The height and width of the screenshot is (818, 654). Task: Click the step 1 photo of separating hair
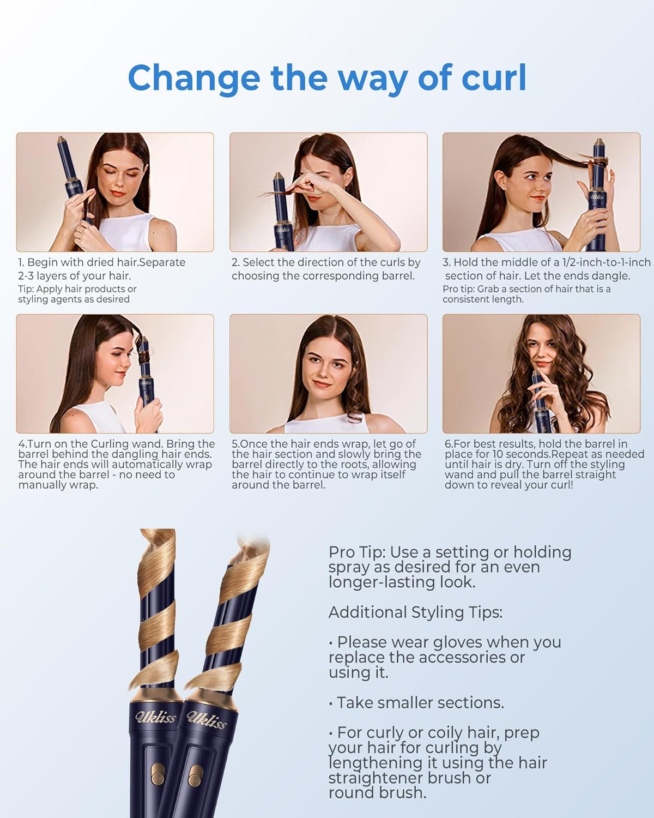tap(115, 192)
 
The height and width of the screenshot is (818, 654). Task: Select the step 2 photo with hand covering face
tap(328, 192)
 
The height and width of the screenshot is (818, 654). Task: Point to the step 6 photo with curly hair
tap(541, 374)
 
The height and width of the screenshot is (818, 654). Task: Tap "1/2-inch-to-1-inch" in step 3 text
tap(606, 262)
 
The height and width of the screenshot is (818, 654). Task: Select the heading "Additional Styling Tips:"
tap(415, 612)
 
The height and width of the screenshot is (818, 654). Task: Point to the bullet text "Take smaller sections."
tap(420, 702)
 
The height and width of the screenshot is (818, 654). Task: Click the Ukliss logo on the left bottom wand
tap(155, 715)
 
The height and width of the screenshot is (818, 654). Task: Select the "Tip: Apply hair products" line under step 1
tap(77, 289)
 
